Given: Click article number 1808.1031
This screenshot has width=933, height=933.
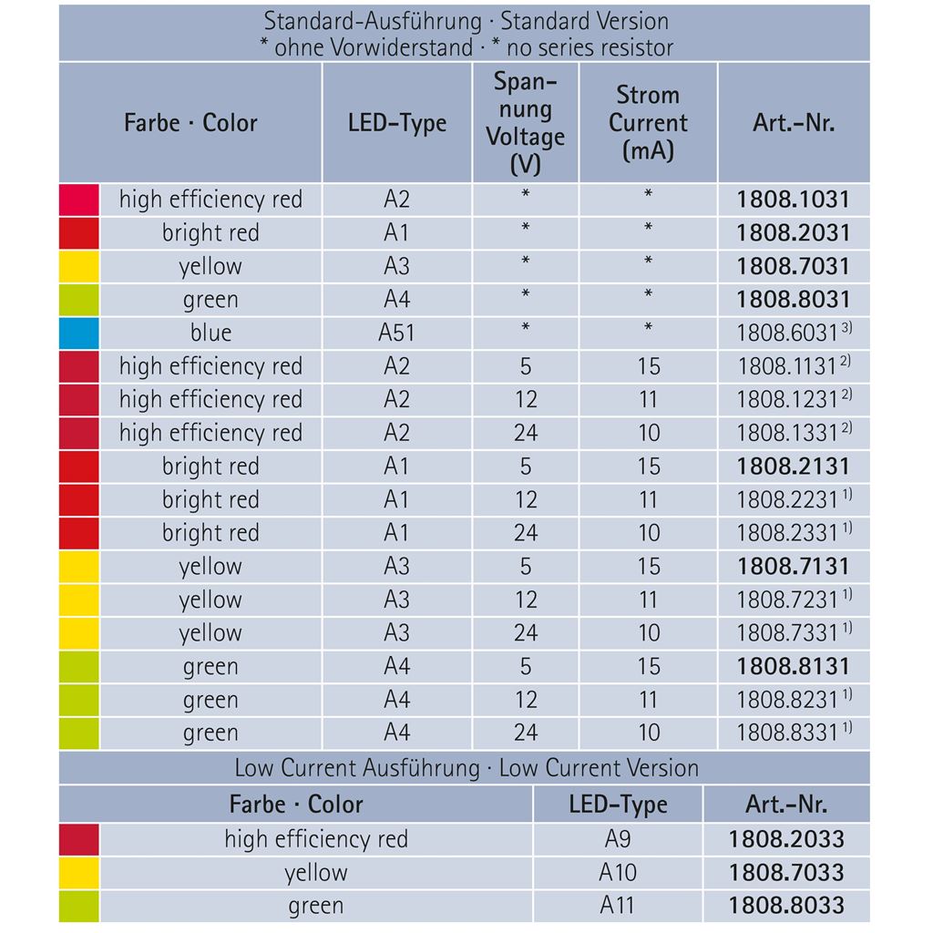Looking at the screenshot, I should [x=793, y=200].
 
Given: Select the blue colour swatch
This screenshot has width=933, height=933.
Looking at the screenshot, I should [x=78, y=333].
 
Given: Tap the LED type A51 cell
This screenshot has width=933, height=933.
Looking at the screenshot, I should [x=396, y=333].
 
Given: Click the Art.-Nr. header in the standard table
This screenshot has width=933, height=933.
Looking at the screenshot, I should [x=793, y=123].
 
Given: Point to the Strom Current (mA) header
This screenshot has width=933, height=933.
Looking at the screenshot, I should [x=648, y=123].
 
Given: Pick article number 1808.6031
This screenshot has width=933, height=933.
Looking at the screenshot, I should [x=787, y=333].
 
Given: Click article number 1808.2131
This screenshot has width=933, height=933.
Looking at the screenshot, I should [x=793, y=466].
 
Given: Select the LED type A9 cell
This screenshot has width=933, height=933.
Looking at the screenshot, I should [x=618, y=839].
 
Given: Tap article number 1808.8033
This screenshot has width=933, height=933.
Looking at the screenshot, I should [x=786, y=906].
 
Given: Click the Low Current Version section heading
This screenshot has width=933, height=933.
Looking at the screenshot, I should [x=466, y=768].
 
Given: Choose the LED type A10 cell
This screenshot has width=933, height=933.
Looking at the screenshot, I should [x=618, y=873].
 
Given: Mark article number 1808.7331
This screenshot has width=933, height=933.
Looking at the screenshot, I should [x=787, y=633].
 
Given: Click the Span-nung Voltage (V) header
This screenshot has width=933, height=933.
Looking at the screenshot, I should [x=525, y=123].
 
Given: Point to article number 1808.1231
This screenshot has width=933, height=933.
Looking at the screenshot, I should [x=787, y=399].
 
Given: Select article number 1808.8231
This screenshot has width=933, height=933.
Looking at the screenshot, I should [x=787, y=700].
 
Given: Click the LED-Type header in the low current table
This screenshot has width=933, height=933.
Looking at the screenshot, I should [x=618, y=805].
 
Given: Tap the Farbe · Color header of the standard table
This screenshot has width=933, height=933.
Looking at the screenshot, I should [x=190, y=123].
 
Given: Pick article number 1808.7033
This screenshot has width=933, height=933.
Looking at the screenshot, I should [x=786, y=873].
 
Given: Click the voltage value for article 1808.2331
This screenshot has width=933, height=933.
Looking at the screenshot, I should [x=526, y=533].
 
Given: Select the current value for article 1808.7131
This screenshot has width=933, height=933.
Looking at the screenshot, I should [x=648, y=566].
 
